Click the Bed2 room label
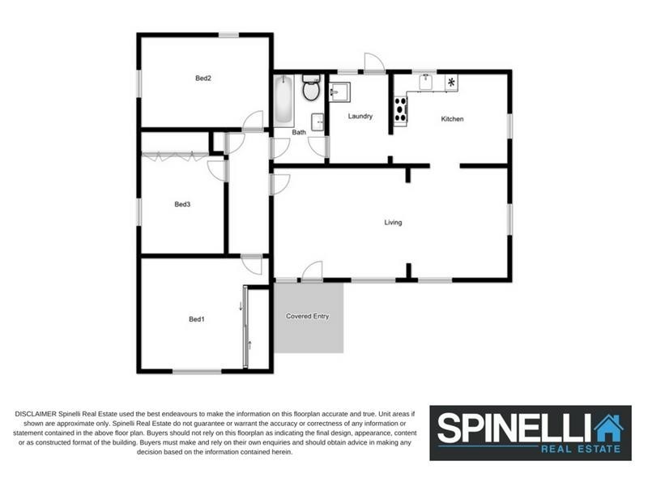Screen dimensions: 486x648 (x=203, y=79)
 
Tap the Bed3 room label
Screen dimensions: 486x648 (x=182, y=204)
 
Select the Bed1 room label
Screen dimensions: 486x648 (x=196, y=319)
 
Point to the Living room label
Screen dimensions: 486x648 (x=393, y=222)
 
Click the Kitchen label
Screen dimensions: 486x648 (x=452, y=119)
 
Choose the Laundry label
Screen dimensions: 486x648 (x=360, y=116)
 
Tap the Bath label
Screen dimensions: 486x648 (x=299, y=132)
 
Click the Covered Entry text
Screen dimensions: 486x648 (x=308, y=316)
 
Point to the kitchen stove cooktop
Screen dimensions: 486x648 (x=399, y=109)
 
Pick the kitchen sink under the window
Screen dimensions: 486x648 (x=425, y=82)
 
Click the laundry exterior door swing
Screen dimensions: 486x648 (x=373, y=62)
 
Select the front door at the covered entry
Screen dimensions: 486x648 (x=312, y=272)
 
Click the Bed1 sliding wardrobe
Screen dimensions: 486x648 (x=245, y=327)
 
